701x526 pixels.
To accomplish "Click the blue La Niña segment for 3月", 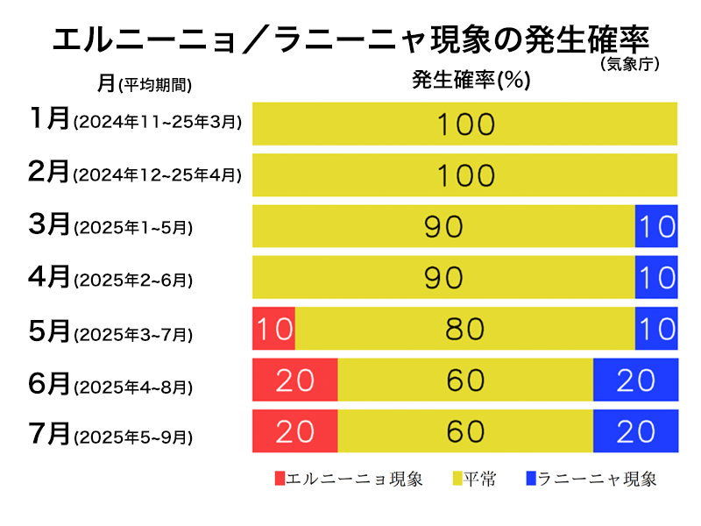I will coord(656,226).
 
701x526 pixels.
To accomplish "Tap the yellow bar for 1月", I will coord(464,124).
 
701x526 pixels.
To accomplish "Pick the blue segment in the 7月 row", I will coord(635,430).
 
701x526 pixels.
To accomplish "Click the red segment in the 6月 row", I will coord(294,380).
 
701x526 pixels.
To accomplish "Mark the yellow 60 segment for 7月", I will coord(464,430).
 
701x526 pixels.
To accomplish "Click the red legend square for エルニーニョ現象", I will coord(280,479).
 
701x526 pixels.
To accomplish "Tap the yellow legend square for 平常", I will coord(457,479).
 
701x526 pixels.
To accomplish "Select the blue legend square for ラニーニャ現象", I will coord(531,479).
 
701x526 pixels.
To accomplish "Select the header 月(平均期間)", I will coord(145,83).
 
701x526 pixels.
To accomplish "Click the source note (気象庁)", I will coord(629,64).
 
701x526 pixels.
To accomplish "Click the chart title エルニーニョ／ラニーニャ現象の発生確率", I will coord(350,39).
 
